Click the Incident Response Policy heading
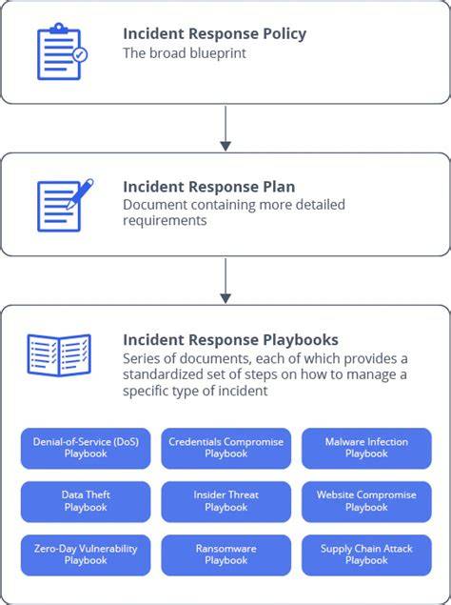coord(215,34)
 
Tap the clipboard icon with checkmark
coord(62,51)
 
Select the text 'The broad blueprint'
coord(185,53)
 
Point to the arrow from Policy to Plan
coord(225,129)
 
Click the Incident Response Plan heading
coord(209,187)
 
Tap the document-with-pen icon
coord(65,205)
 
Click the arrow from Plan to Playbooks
coord(225,281)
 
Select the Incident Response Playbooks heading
coord(230,340)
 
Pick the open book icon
coord(59,355)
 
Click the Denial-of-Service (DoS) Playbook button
coord(86,448)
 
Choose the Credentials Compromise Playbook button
coord(225,448)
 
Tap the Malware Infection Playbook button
coord(366,448)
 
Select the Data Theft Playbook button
coord(86,501)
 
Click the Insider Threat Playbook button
coord(225,501)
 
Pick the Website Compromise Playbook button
coord(366,501)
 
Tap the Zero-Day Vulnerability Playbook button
coord(86,555)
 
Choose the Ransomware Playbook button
coord(225,555)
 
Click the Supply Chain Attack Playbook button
coord(366,555)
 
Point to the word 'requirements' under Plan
coord(165,221)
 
